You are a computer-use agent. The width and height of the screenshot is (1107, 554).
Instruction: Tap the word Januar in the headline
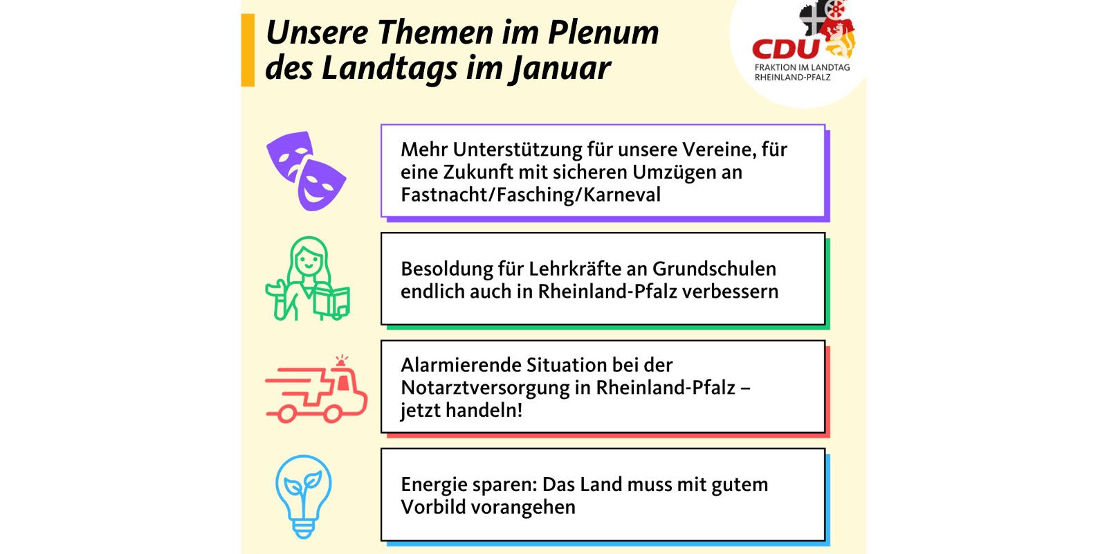pyautogui.click(x=561, y=69)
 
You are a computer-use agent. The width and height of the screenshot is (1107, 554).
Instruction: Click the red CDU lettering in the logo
pyautogui.click(x=786, y=49)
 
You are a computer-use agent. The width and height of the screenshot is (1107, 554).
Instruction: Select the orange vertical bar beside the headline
pyautogui.click(x=248, y=50)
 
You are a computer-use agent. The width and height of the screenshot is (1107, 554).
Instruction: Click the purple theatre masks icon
pyautogui.click(x=306, y=171)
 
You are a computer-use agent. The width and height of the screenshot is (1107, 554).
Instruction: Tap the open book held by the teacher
pyautogui.click(x=331, y=301)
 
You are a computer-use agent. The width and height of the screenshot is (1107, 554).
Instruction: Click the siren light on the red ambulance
pyautogui.click(x=342, y=361)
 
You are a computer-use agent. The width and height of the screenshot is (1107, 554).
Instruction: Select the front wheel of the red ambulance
pyautogui.click(x=331, y=413)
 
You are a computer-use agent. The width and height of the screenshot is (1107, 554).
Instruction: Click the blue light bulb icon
pyautogui.click(x=304, y=496)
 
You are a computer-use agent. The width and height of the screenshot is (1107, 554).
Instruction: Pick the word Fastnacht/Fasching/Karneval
pyautogui.click(x=530, y=195)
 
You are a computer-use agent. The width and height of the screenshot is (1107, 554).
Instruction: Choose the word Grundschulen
pyautogui.click(x=714, y=269)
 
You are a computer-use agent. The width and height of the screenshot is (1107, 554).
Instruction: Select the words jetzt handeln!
pyautogui.click(x=461, y=411)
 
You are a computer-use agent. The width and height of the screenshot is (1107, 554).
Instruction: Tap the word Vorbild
pyautogui.click(x=432, y=508)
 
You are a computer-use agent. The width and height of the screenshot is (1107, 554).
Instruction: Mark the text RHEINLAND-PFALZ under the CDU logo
pyautogui.click(x=793, y=78)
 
